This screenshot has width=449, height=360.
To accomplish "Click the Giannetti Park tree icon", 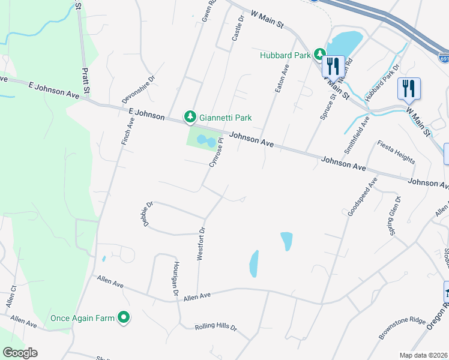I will (x=190, y=116).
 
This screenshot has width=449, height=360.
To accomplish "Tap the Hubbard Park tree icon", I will (x=321, y=54).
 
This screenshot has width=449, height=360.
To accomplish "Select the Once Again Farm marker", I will (x=124, y=317).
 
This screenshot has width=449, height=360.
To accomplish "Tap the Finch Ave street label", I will (x=128, y=131).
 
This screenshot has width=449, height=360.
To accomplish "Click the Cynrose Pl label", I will (x=215, y=153).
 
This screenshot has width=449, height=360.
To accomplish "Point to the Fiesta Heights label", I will (x=396, y=152).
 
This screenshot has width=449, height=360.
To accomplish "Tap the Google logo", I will (x=20, y=353).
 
